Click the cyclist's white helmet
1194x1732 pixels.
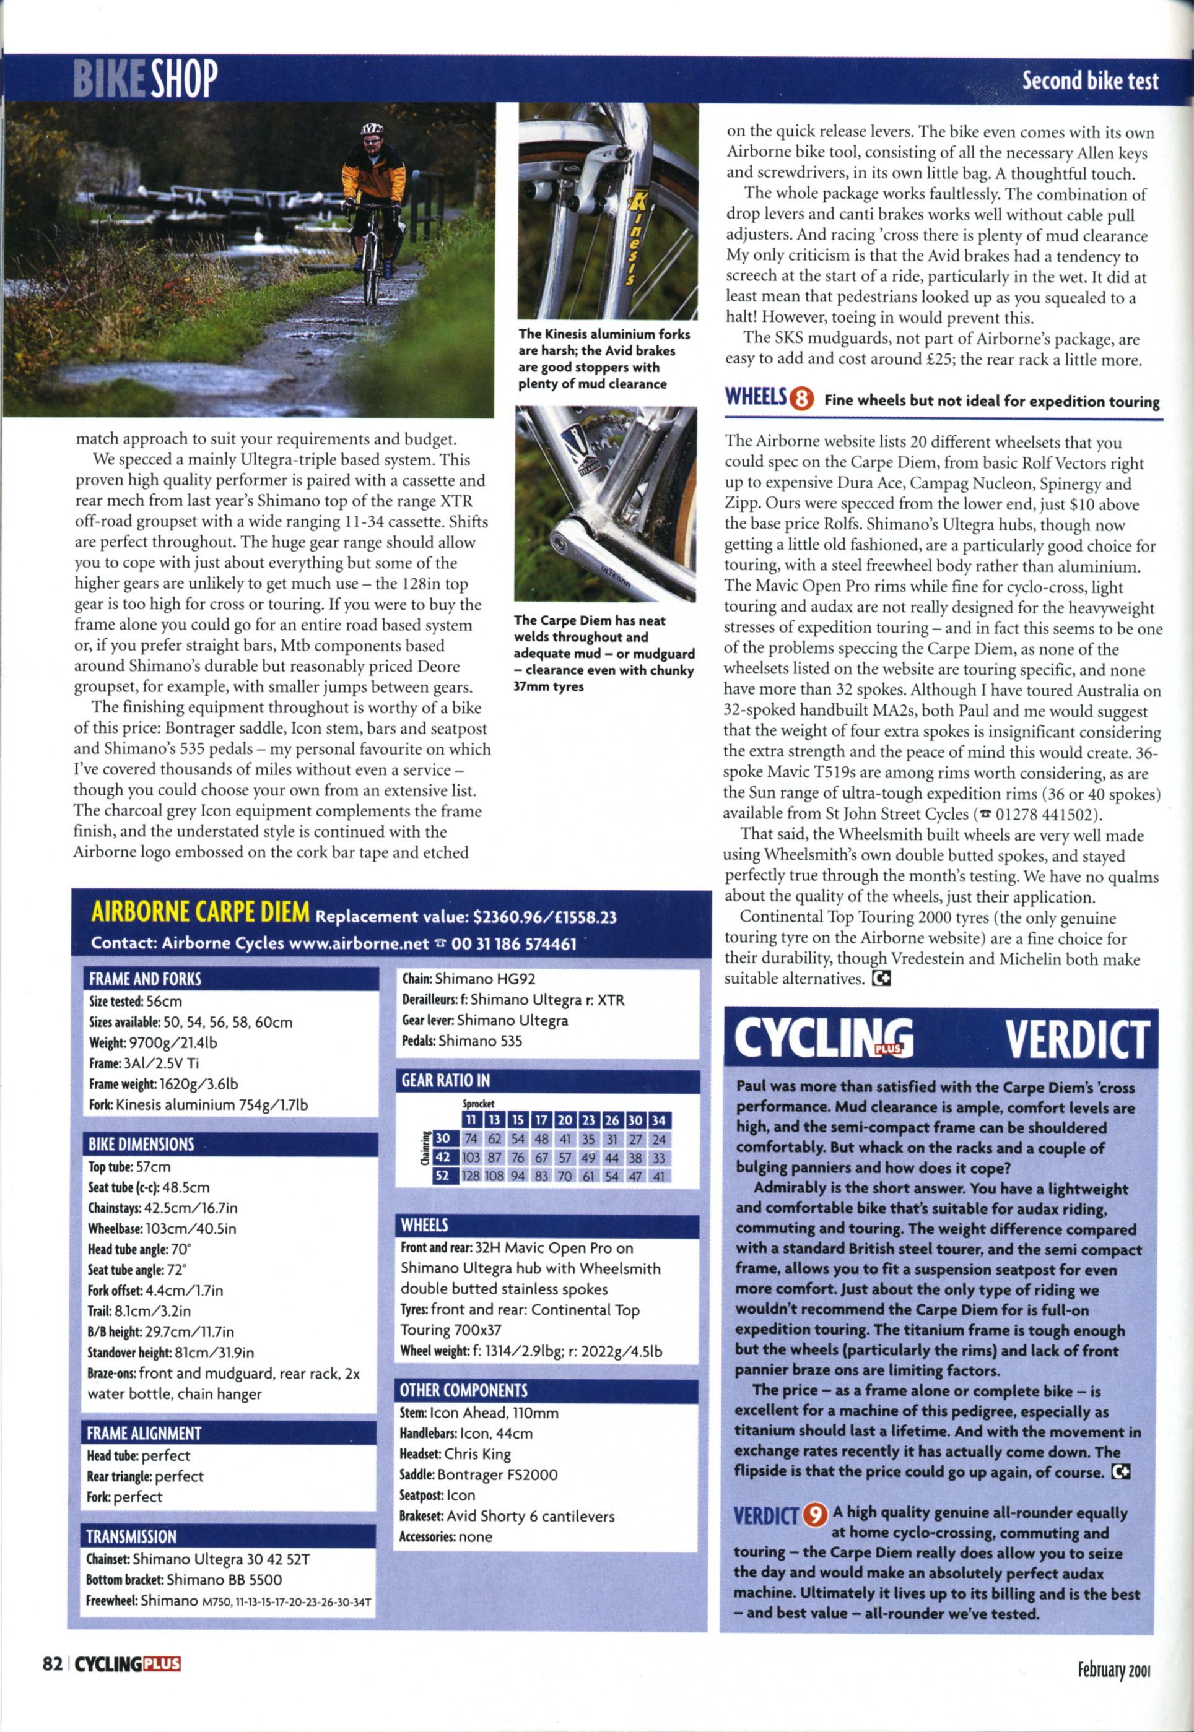(x=371, y=129)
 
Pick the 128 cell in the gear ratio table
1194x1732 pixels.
(x=470, y=1176)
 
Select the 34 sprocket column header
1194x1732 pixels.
(x=659, y=1120)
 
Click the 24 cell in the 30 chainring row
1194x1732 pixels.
(x=659, y=1139)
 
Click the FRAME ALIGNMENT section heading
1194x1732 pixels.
(x=144, y=1434)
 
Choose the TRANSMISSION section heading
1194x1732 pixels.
(x=132, y=1537)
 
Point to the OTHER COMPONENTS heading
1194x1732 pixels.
(x=464, y=1390)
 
